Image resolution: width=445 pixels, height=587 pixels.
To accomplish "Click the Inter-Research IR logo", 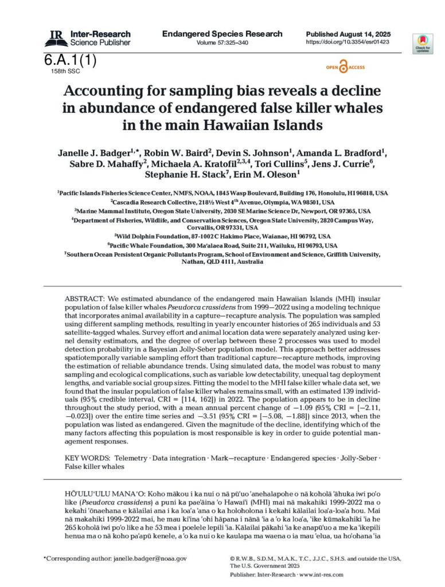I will coord(56,38).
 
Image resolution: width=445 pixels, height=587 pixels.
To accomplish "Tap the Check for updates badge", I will coord(423,44).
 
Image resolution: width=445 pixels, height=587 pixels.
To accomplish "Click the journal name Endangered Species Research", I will coord(222,34).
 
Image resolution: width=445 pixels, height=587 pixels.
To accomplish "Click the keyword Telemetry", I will coord(130,459).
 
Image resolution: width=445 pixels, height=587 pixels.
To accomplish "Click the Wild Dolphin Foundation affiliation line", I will coord(222,236).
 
